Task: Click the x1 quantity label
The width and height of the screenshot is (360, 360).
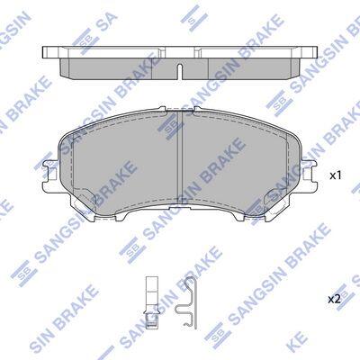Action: (336, 175)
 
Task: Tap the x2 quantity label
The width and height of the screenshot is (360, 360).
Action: (334, 299)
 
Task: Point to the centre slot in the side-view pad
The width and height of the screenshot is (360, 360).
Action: (180, 72)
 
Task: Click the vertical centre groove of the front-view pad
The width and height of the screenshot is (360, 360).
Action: (180, 158)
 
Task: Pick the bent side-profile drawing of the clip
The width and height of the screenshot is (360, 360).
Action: (186, 302)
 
